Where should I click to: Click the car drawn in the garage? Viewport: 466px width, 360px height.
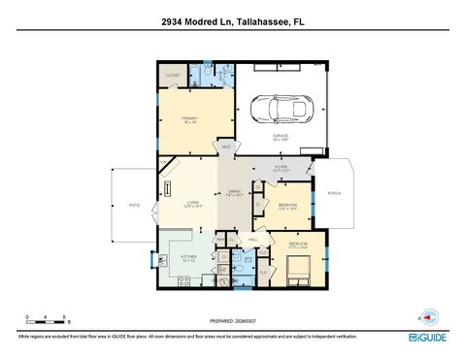coord(280,109)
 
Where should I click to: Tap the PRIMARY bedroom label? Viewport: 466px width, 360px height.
coord(189,120)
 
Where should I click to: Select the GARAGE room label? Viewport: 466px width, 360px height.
coord(281,138)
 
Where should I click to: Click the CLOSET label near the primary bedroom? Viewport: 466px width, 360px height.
coord(172,75)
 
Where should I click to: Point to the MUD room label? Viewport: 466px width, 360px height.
coord(225,147)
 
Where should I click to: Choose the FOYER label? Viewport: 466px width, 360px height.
coord(281,167)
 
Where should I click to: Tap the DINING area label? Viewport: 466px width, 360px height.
coord(234,192)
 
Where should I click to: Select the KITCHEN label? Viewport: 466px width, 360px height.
coord(188,257)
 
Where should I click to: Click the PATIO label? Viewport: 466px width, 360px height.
coord(135,205)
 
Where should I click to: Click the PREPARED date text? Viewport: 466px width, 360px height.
coord(233,321)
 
